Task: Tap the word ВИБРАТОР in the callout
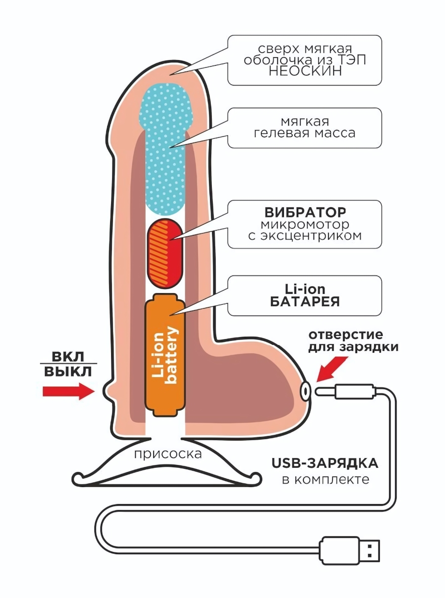305,213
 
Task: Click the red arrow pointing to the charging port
330,369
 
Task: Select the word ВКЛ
68,357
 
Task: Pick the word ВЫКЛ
68,372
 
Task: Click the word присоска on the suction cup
168,453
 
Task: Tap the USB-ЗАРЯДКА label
325,464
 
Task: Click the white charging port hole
306,391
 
